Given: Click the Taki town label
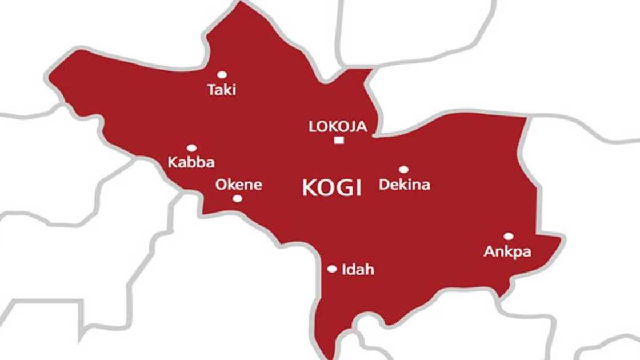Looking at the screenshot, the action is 222,90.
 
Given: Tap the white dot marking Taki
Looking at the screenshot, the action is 222,74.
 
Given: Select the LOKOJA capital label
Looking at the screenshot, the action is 338,127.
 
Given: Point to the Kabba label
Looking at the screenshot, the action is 191,163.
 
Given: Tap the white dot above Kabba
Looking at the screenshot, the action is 191,148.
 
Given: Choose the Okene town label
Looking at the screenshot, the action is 238,185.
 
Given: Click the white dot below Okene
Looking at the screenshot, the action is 237,199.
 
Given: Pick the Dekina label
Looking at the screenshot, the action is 405,185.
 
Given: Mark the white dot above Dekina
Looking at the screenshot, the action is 403,170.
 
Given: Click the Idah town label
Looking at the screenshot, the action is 357,269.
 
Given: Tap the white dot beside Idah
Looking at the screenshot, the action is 332,269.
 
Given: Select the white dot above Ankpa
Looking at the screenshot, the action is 508,236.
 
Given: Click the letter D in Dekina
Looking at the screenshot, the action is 384,185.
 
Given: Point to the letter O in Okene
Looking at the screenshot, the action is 220,185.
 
